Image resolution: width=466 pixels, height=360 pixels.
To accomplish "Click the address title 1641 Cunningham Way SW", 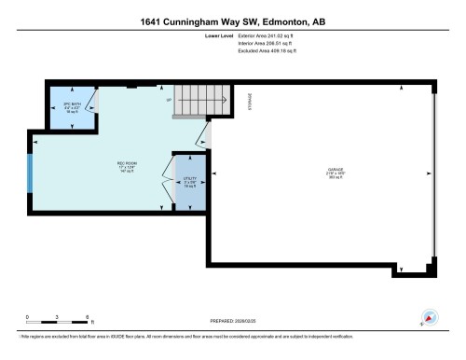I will pyautogui.click(x=233, y=21).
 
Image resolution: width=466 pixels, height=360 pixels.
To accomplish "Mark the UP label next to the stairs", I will pyautogui.click(x=169, y=99).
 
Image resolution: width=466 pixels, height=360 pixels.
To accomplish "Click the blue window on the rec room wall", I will pyautogui.click(x=31, y=173).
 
